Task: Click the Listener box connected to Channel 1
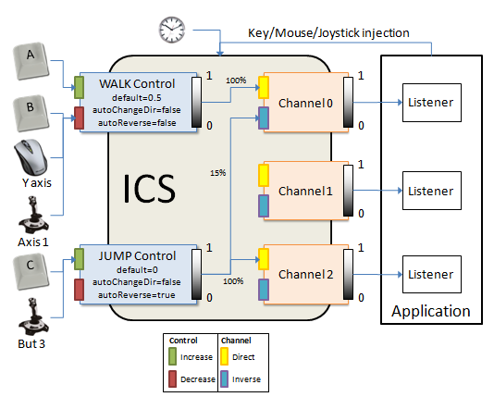(431, 191)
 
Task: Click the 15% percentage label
(218, 172)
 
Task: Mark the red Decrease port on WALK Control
(80, 116)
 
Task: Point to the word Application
(431, 311)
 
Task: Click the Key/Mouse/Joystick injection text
(327, 32)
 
